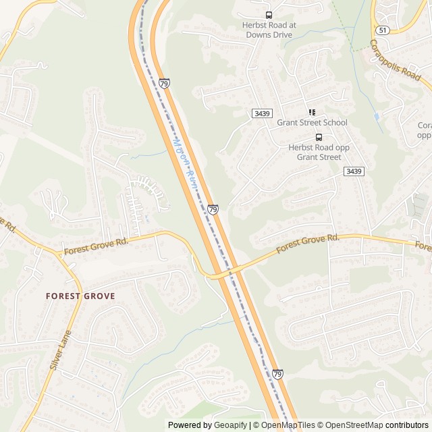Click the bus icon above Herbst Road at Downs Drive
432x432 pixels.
(x=269, y=15)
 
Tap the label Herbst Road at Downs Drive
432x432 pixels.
(x=269, y=30)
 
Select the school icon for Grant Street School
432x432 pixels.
(x=312, y=113)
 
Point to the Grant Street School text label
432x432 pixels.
(x=312, y=123)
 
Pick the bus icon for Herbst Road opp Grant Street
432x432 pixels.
(x=319, y=137)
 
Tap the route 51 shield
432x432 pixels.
(x=383, y=30)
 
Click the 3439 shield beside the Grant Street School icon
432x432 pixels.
(x=262, y=113)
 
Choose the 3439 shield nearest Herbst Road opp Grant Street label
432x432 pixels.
(x=353, y=171)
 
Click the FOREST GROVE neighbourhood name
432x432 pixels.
(x=80, y=296)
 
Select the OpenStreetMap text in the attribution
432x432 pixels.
(x=354, y=425)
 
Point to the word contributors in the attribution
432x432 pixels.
(x=407, y=425)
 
